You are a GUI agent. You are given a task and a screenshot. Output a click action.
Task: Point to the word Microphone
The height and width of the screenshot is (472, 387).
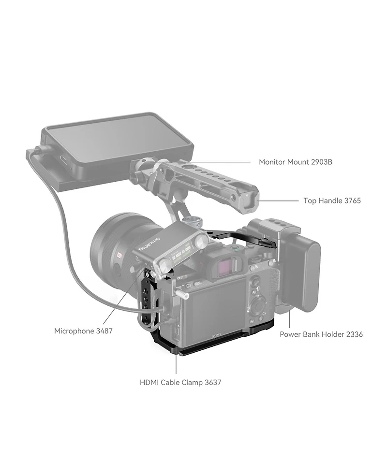(x=74, y=331)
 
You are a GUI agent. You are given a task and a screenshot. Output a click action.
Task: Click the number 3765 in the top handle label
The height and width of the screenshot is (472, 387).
(x=352, y=200)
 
